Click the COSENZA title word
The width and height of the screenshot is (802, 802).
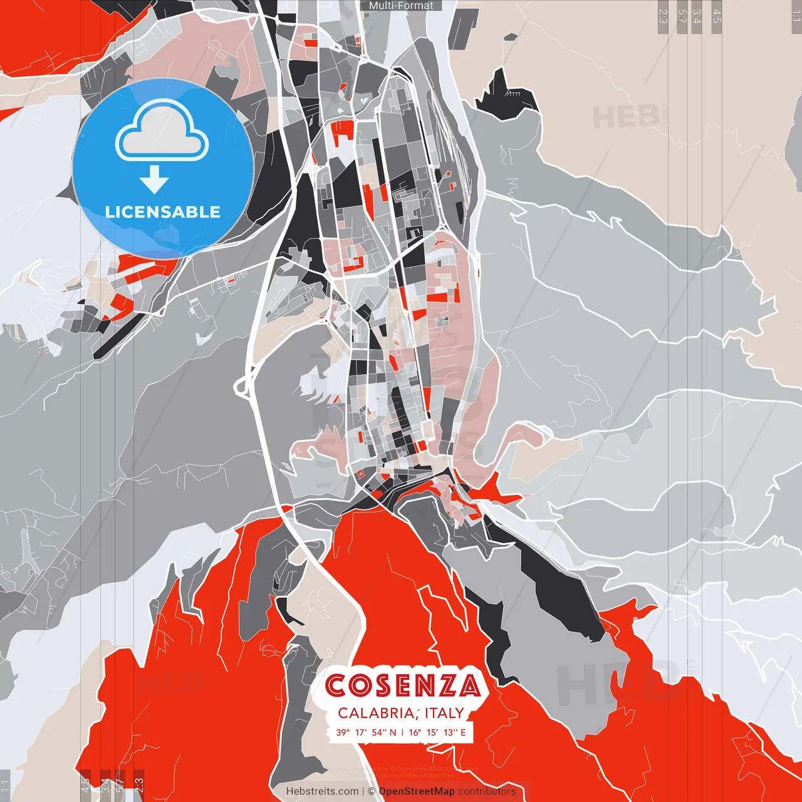403,685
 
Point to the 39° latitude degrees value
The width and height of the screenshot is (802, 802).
343,732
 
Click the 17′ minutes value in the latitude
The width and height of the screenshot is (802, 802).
361,732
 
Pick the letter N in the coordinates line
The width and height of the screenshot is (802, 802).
393,732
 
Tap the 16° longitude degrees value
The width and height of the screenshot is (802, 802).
415,732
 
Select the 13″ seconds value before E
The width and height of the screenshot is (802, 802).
451,732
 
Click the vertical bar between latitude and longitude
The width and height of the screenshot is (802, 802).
402,732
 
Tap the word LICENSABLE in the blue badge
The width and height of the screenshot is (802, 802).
163,212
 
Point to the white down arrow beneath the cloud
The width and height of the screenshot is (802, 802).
154,180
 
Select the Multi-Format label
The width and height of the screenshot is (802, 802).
401,6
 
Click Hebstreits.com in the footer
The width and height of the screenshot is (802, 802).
323,791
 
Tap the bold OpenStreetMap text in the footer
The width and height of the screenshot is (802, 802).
417,791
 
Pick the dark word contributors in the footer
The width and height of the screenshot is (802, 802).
487,791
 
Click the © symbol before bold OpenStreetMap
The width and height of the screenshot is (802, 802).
372,791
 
